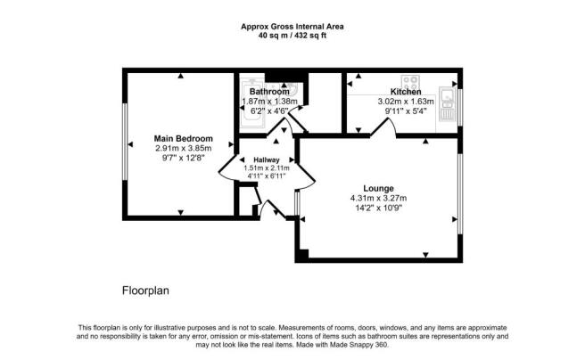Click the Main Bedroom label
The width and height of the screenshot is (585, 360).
coord(183,139)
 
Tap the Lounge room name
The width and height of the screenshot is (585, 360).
coord(378,189)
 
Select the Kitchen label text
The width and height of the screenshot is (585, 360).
coord(406,92)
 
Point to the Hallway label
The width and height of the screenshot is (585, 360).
coord(267,160)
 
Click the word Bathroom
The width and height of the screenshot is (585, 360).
coord(269,92)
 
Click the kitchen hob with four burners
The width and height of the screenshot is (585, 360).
coord(410,82)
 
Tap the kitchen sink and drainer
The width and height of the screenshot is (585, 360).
coord(448,104)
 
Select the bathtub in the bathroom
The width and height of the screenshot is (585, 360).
coord(251,102)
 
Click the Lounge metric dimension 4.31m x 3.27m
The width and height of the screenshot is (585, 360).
coord(378,198)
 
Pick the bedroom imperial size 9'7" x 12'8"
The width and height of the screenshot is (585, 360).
coord(183,158)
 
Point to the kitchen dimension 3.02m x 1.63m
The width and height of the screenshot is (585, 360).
coord(406,102)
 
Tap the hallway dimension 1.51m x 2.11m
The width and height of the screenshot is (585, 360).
coord(267,168)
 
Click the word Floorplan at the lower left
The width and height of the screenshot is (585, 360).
coord(145,290)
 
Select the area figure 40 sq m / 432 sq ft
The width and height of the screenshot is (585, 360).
coord(292,36)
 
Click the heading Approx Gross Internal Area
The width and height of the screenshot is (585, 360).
coord(292,27)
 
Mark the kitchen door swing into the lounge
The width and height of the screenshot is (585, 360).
coord(383,127)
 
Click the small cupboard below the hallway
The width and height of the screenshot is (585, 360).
coord(246,201)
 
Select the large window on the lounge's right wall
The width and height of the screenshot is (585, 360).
coord(460,193)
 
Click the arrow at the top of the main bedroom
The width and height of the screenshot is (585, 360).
coord(180,76)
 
